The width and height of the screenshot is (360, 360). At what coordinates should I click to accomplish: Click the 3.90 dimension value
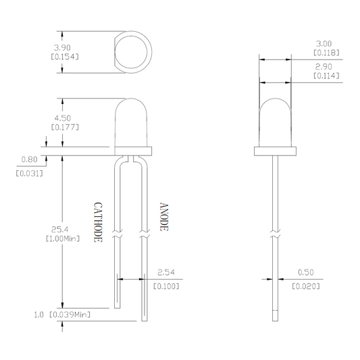(x=62, y=48)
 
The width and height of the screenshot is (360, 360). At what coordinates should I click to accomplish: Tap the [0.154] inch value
(x=65, y=57)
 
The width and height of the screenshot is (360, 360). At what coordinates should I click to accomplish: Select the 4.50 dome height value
(x=62, y=118)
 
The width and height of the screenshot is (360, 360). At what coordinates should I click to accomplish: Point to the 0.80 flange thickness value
(x=29, y=159)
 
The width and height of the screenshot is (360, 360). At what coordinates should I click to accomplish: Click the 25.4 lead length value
(x=59, y=230)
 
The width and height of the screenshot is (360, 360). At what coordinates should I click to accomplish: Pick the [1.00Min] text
(x=63, y=239)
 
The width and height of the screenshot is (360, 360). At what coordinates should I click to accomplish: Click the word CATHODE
(x=98, y=222)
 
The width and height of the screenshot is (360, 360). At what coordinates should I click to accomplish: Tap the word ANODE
(x=164, y=217)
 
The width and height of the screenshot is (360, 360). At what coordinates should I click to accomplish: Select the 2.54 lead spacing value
(x=166, y=272)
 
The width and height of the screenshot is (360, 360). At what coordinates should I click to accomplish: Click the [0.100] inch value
(x=166, y=286)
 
